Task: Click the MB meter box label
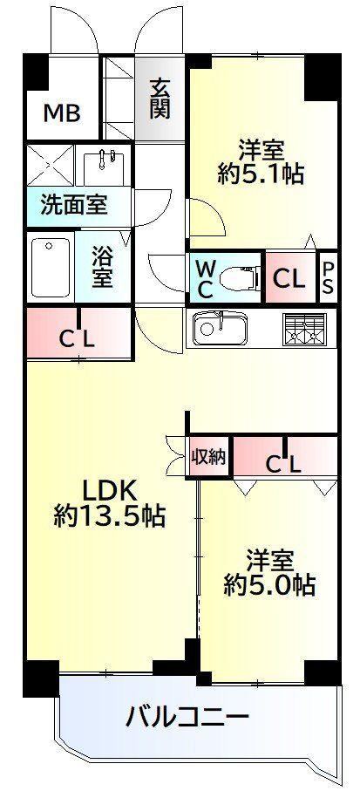pyautogui.click(x=62, y=113)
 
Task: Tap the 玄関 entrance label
pyautogui.click(x=160, y=98)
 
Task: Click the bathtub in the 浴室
pyautogui.click(x=50, y=269)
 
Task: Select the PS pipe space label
pyautogui.click(x=328, y=277)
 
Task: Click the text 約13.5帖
pyautogui.click(x=110, y=515)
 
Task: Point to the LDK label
pyautogui.click(x=110, y=489)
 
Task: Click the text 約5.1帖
pyautogui.click(x=261, y=175)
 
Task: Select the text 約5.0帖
pyautogui.click(x=269, y=586)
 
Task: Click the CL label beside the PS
pyautogui.click(x=289, y=278)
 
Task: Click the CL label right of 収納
pyautogui.click(x=284, y=464)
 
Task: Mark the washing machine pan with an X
pyautogui.click(x=51, y=164)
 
